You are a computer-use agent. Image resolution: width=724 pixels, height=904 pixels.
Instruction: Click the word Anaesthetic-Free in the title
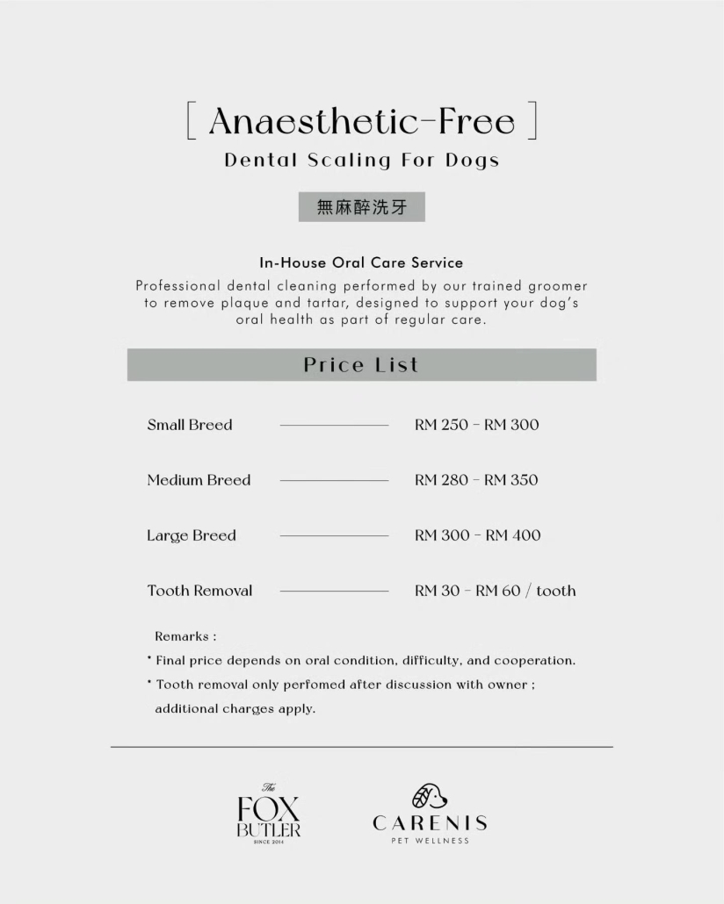[x=361, y=121]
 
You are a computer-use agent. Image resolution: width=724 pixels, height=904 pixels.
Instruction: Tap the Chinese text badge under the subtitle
[x=361, y=207]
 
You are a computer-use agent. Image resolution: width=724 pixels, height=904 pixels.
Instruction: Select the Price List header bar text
[x=361, y=365]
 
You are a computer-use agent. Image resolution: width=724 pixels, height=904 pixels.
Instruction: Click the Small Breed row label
[x=190, y=425]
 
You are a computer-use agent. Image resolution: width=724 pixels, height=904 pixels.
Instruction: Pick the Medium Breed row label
[x=199, y=480]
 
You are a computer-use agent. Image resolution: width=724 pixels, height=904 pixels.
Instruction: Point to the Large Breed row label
[x=192, y=535]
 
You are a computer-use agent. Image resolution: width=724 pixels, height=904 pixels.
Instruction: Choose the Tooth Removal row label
[x=199, y=591]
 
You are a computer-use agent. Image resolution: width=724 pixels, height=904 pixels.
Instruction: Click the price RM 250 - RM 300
[x=476, y=425]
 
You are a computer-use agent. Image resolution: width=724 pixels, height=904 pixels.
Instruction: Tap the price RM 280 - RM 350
[x=476, y=480]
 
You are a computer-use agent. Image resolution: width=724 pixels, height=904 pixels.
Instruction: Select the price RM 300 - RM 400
[x=477, y=535]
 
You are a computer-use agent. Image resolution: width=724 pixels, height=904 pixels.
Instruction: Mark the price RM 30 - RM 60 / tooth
[x=495, y=591]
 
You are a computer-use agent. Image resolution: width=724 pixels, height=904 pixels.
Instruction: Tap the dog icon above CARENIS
[x=430, y=796]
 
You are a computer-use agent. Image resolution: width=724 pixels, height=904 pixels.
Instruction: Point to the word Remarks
[x=183, y=636]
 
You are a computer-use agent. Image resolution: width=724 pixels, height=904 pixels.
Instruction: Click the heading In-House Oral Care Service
[x=361, y=262]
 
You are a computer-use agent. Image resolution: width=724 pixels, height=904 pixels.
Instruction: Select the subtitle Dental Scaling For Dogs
[x=361, y=161]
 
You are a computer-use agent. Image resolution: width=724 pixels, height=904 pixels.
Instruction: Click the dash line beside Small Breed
[x=334, y=426]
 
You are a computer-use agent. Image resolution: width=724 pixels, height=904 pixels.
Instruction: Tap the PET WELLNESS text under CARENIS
[x=430, y=841]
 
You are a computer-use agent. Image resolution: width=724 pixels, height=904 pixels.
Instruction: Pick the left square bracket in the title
[x=191, y=121]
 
